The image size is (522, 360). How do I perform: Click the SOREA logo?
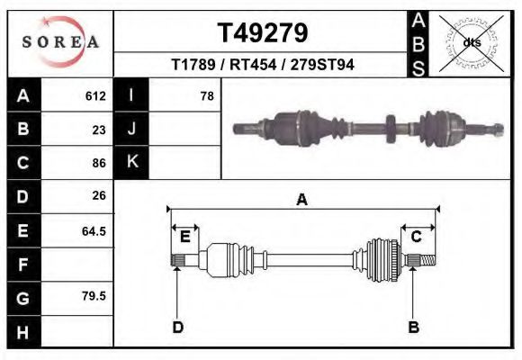coord(60,42)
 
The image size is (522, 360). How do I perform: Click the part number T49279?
coord(262,33)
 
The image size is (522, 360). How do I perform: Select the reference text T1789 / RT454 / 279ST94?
coord(262,65)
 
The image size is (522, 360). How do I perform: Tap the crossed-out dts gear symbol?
coord(471,42)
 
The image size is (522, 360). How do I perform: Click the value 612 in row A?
coord(96,95)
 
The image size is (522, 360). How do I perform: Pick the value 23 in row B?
coord(99,129)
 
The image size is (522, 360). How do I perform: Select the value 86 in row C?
coord(99,163)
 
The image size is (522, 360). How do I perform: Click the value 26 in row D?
coord(99,195)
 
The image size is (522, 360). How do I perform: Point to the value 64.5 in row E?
coord(94,230)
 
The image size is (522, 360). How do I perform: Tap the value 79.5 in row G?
coord(94,296)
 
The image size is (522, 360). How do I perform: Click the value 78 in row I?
coord(206,95)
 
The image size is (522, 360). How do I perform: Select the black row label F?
coord(22,265)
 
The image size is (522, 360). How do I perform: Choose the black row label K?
coord(131,163)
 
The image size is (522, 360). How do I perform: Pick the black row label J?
coord(131,129)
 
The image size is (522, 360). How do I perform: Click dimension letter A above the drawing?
coord(301,200)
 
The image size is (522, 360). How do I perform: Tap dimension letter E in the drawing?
coord(184,237)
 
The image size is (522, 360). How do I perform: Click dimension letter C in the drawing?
coord(416,237)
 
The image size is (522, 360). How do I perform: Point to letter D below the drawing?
coord(178,326)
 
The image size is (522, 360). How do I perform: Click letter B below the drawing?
coord(413,326)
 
